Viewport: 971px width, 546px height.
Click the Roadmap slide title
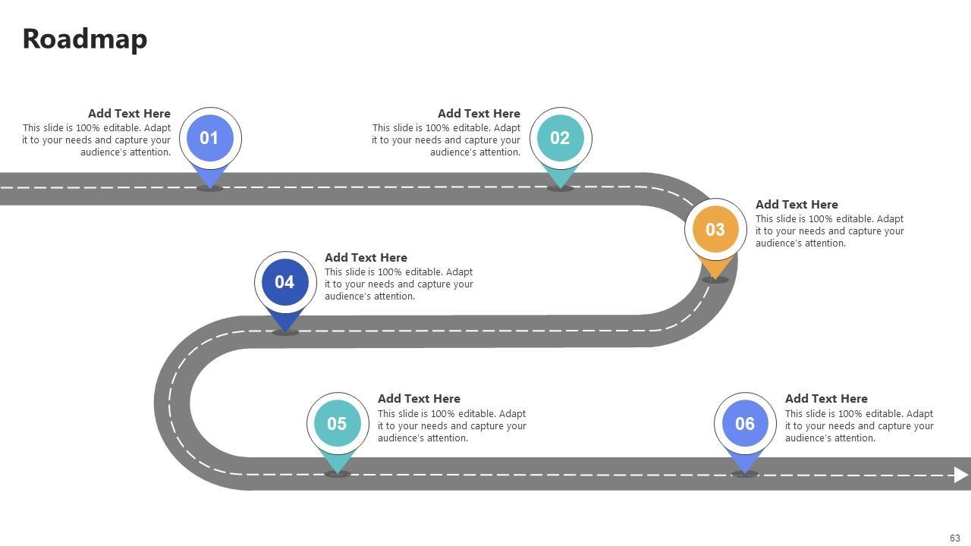pyautogui.click(x=84, y=39)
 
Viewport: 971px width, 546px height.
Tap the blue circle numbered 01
pyautogui.click(x=209, y=138)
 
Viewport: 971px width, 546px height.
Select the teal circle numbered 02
pyautogui.click(x=560, y=138)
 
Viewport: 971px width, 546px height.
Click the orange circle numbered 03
pyautogui.click(x=715, y=229)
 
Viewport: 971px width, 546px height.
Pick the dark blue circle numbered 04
pyautogui.click(x=284, y=282)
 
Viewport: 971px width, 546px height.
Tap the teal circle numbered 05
pyautogui.click(x=337, y=424)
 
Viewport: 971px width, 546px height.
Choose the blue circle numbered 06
pyautogui.click(x=745, y=424)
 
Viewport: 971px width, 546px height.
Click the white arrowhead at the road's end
pyautogui.click(x=961, y=475)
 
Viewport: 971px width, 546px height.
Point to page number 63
pyautogui.click(x=955, y=538)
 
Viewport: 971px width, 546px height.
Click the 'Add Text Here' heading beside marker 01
pyautogui.click(x=129, y=114)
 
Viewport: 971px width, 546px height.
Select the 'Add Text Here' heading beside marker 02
pyautogui.click(x=479, y=114)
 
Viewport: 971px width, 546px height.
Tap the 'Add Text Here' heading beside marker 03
pyautogui.click(x=797, y=205)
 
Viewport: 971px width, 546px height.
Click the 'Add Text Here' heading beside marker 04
pyautogui.click(x=366, y=258)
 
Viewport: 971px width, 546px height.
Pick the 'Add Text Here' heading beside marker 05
pyautogui.click(x=419, y=399)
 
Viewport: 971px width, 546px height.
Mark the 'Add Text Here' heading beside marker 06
pyautogui.click(x=826, y=399)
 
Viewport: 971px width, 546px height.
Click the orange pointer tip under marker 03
pyautogui.click(x=715, y=268)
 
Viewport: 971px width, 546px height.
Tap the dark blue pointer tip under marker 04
pyautogui.click(x=284, y=322)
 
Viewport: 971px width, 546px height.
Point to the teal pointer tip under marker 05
pyautogui.click(x=337, y=463)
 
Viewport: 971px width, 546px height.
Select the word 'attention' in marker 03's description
pyautogui.click(x=822, y=243)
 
